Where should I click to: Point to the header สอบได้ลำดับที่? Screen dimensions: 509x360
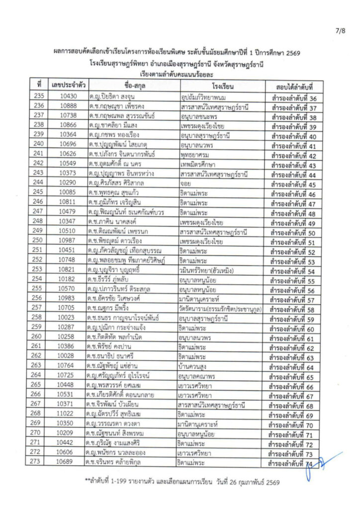pos(293,85)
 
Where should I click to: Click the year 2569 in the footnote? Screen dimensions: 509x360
pos(272,482)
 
